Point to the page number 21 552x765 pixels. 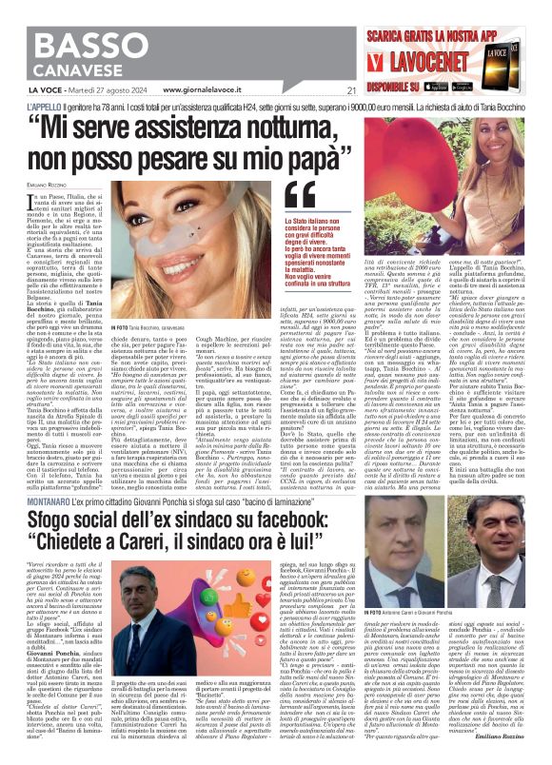(351, 91)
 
